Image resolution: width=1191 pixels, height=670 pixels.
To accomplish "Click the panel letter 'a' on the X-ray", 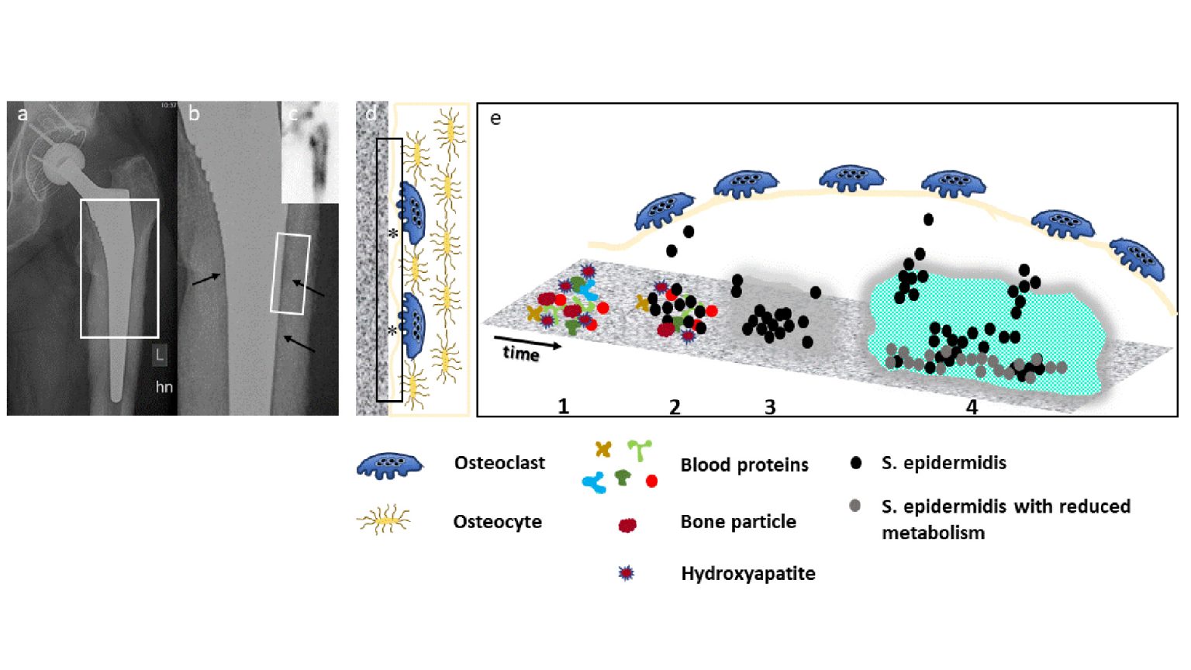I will point(22,115).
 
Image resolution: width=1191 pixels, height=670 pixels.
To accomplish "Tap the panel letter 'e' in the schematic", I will point(495,119).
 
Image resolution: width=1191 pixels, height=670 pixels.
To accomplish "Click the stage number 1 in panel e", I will point(564,406).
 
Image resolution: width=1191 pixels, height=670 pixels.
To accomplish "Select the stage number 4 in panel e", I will point(972,406).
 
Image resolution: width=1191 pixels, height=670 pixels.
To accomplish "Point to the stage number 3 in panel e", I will point(770,406).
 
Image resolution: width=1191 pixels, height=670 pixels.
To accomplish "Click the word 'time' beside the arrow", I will point(520,354).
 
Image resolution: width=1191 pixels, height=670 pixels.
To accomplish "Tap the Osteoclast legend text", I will point(499,463).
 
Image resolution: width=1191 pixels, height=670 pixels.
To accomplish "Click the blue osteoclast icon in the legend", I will point(390,466).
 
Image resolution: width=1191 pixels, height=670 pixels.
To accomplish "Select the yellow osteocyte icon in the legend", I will point(384,520).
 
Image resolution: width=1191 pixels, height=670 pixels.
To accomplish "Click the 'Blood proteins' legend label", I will point(744,465).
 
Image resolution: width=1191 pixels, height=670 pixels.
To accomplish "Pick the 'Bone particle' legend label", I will point(738,522).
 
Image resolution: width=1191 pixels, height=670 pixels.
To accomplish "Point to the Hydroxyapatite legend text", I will point(748,573).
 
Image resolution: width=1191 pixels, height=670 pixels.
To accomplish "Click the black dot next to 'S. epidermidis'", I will point(856,463).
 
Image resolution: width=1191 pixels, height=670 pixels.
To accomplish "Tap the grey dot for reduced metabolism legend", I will point(855,506).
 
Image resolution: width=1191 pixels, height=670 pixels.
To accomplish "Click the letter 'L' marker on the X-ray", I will point(159,355).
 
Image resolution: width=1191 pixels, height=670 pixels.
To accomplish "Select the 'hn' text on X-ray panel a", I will point(164,387).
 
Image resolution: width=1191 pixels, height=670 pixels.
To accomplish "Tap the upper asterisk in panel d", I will point(393,233).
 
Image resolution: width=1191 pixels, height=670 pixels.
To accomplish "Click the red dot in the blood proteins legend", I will point(651,482).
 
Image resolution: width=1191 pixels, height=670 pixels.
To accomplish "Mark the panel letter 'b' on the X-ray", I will point(194,114).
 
